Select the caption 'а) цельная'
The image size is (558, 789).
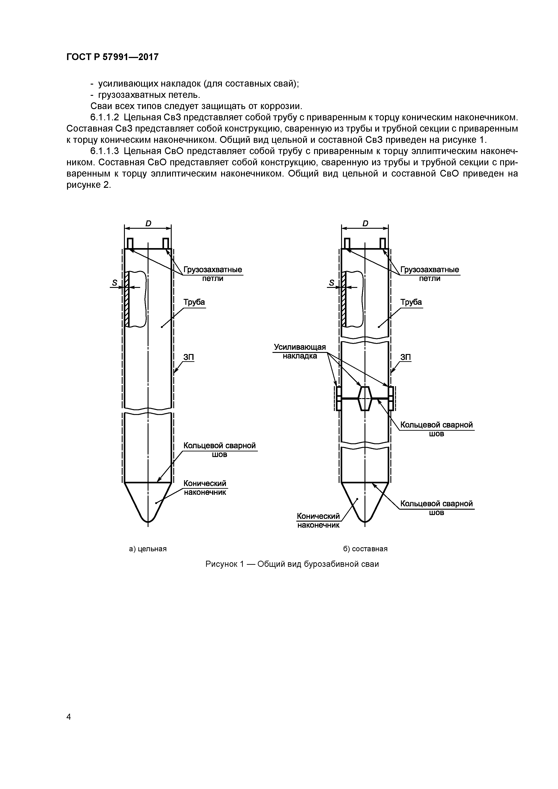pos(148,549)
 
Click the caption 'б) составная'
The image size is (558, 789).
pos(365,549)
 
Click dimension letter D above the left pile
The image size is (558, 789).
pos(148,223)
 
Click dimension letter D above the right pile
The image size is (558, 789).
pos(365,223)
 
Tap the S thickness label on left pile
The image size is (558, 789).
pos(115,283)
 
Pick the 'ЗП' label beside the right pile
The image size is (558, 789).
pos(406,357)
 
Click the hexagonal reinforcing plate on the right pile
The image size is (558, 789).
pos(365,398)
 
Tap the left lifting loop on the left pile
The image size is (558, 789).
pos(130,243)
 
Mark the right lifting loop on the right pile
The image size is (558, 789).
pos(383,243)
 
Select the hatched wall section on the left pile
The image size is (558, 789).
pos(127,299)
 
